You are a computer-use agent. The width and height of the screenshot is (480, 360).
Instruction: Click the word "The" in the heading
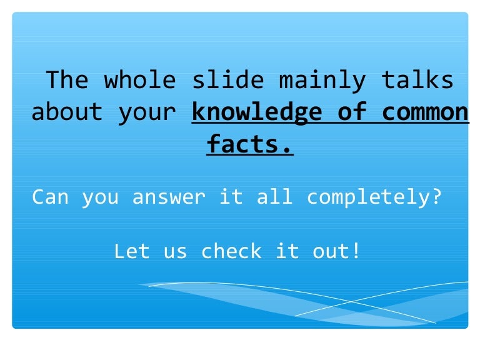pos(67,81)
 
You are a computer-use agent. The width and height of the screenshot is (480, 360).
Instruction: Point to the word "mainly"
pos(321,81)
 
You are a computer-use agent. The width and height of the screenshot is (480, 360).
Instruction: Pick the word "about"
pos(67,112)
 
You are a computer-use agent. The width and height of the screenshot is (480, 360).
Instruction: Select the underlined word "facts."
pos(249,145)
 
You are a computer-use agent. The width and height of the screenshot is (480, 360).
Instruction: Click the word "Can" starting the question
pos(50,197)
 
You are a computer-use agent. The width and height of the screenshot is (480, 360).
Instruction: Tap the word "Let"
pos(131,251)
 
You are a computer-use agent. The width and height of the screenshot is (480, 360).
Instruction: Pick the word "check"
pos(231,251)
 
